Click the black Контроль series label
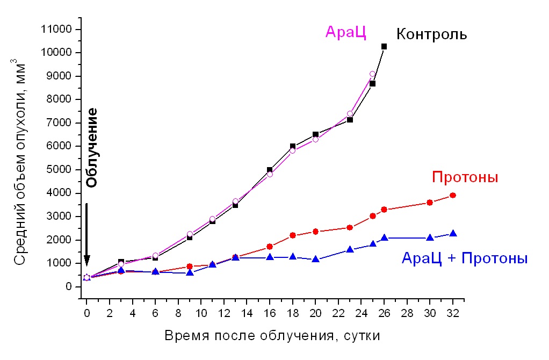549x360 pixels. coord(431,35)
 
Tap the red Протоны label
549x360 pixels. coord(465,177)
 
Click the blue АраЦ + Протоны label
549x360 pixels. coord(465,258)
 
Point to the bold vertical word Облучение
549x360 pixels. coord(92,147)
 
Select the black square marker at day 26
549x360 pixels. coord(384,47)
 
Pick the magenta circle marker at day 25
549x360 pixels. coord(372,74)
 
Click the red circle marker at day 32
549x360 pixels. coord(452,195)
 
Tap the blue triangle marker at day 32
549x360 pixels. coord(452,233)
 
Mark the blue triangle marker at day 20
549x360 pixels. coord(315,259)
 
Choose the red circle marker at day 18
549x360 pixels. coord(293,235)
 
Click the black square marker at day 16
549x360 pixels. coord(270,170)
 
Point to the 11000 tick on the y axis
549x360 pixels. coord(78,29)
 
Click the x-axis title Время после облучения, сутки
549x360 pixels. coord(272,336)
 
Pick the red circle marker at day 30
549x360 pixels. coord(429,203)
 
